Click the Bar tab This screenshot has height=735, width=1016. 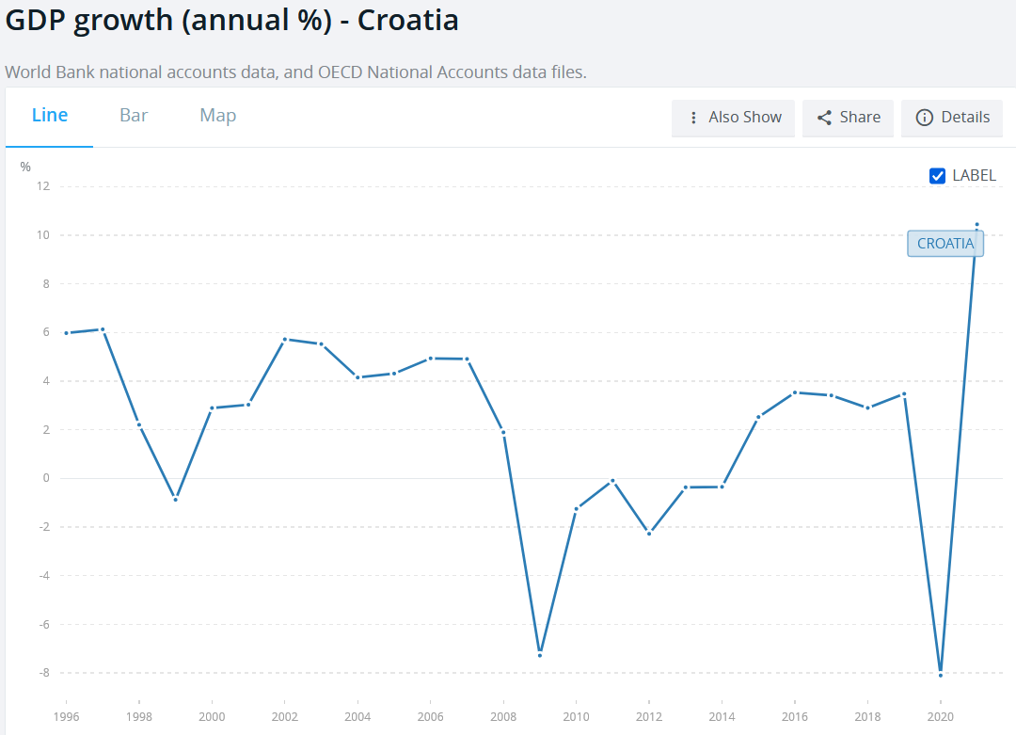point(134,116)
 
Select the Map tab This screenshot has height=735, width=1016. point(217,116)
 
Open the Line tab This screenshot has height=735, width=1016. point(50,116)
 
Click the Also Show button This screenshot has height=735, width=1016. point(734,118)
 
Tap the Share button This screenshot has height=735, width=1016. point(848,118)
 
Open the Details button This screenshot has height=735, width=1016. point(952,118)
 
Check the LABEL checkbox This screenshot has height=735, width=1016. point(937,176)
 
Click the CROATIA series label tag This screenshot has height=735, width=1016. point(945,244)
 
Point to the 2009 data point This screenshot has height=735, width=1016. point(539,655)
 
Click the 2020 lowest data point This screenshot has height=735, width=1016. point(941,675)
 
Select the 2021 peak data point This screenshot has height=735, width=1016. point(976,225)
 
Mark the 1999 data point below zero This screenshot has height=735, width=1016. point(175,500)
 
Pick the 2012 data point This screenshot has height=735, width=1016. point(648,534)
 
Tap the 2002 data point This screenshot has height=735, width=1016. point(284,339)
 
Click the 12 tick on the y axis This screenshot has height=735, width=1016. point(42,186)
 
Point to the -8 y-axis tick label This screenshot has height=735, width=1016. point(41,673)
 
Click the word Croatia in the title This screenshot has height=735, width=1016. point(407,21)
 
